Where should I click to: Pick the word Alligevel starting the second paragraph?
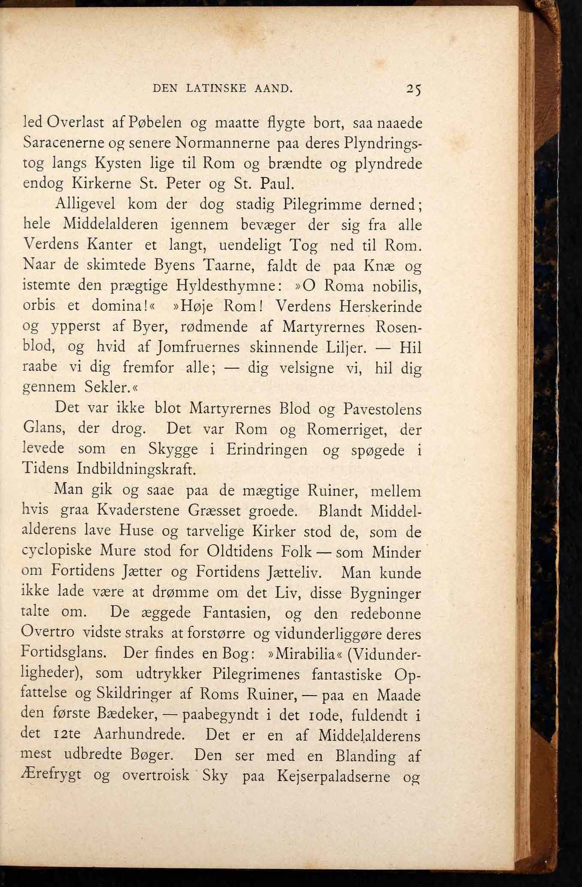(86, 204)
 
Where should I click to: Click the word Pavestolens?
(382, 409)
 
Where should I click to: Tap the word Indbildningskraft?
(136, 469)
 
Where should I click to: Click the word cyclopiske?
(57, 551)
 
